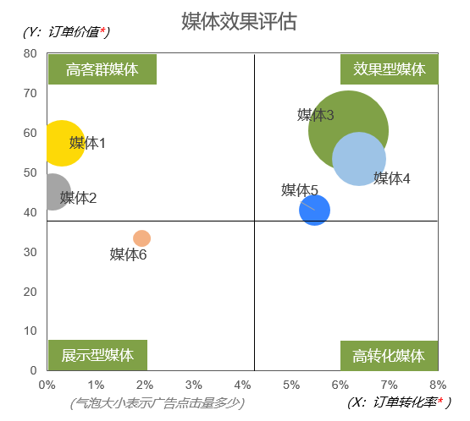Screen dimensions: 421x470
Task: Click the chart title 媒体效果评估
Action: pos(239,21)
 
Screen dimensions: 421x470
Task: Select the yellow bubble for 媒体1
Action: pos(59,143)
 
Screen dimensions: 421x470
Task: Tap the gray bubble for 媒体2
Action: pos(53,192)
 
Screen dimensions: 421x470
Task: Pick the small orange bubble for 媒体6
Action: pos(141,238)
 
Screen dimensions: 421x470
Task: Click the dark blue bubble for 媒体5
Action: pos(314,210)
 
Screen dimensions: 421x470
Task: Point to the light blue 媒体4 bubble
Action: pos(359,159)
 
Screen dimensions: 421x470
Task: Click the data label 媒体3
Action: pos(315,115)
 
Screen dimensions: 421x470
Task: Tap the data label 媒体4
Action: pos(392,178)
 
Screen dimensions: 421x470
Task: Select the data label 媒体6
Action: pos(129,254)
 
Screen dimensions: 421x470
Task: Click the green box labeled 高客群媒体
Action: pos(102,69)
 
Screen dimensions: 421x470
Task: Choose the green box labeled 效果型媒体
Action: pos(389,69)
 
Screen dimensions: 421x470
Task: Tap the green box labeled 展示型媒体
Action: pos(97,355)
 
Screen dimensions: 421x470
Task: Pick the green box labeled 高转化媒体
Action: pos(389,356)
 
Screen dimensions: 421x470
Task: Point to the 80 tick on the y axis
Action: pos(30,53)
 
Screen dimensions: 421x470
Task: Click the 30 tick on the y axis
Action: pos(30,252)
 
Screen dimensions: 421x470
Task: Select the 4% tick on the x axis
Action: pos(242,385)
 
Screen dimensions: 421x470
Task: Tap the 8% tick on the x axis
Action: pos(438,385)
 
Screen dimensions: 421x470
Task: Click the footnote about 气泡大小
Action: pos(158,403)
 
